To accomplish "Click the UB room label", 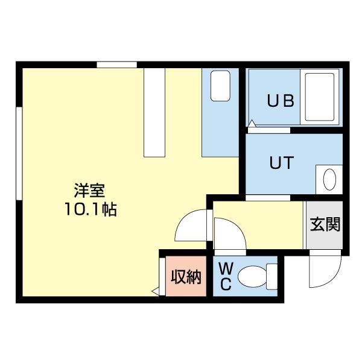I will point(281,101).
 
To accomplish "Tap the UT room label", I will point(281,163).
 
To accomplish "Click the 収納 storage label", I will point(185,278).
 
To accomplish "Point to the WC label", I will point(225,276).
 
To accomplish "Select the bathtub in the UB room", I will point(320,98).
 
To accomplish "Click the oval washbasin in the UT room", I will point(329,180).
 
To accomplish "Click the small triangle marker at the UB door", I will point(251,124).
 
